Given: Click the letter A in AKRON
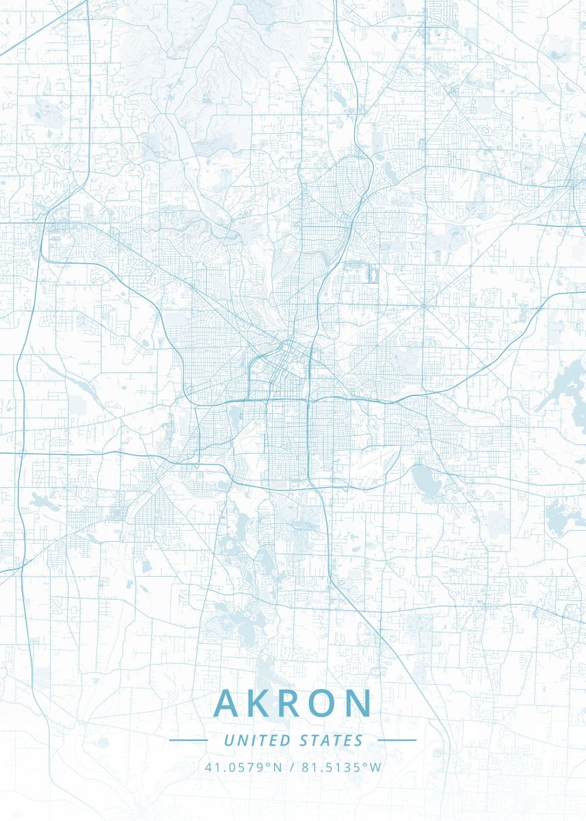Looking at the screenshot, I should point(229,703).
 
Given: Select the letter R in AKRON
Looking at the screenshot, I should point(291,703).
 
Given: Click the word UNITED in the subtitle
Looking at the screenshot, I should point(257,740).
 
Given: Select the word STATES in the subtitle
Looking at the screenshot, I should point(331,740).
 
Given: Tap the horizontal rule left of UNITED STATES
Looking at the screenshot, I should point(188,740).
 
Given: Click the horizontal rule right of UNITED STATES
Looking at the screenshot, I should point(397,740).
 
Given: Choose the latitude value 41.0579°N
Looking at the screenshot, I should point(243,767).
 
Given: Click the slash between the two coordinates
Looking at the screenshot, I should point(292,767).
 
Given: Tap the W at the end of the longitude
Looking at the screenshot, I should point(376,767).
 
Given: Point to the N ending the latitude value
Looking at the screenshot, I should point(278,767).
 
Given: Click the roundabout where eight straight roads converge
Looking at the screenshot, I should point(423,305).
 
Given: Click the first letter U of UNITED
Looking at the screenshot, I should point(228,740).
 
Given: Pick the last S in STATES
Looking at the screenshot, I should point(360,740).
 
